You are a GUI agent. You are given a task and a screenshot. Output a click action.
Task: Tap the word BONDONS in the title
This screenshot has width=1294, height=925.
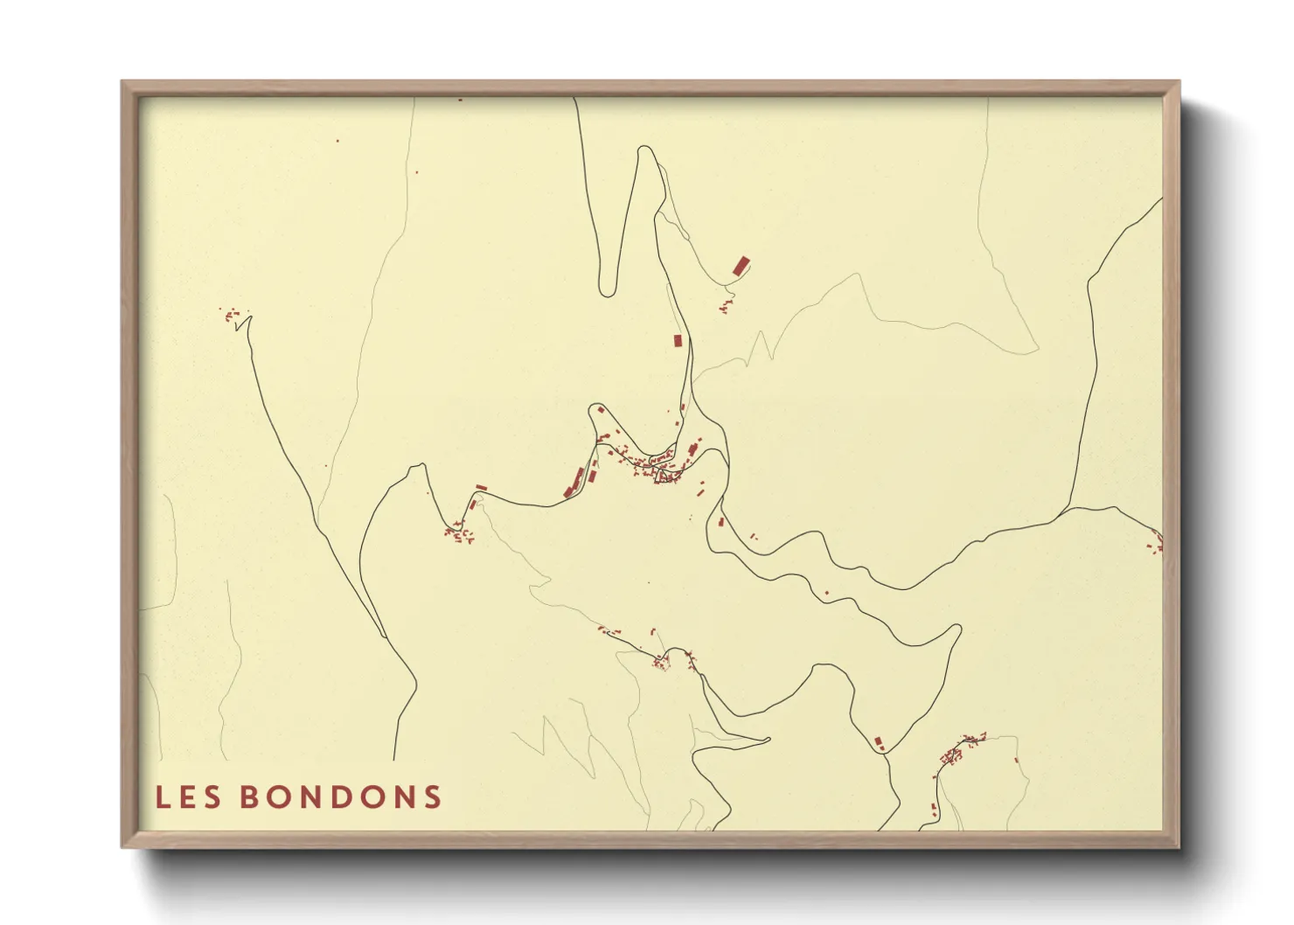click(340, 797)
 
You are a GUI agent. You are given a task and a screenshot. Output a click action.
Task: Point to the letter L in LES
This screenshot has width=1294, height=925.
click(162, 797)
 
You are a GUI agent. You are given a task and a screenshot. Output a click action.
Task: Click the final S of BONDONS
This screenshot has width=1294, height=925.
click(432, 797)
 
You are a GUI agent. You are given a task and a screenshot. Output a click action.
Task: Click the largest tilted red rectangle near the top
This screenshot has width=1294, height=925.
click(741, 266)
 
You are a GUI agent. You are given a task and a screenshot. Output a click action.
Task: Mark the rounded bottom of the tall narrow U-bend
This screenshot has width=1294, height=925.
click(608, 292)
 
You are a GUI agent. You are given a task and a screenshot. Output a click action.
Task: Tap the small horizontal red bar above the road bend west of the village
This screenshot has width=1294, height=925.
click(481, 487)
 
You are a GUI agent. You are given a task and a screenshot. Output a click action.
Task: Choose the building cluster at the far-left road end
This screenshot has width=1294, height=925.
click(233, 314)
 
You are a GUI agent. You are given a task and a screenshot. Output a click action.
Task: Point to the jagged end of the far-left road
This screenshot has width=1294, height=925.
click(244, 323)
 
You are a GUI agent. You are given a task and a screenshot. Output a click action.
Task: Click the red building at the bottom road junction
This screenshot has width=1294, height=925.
click(880, 742)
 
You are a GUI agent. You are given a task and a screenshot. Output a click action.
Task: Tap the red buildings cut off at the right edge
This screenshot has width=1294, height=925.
click(1157, 545)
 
